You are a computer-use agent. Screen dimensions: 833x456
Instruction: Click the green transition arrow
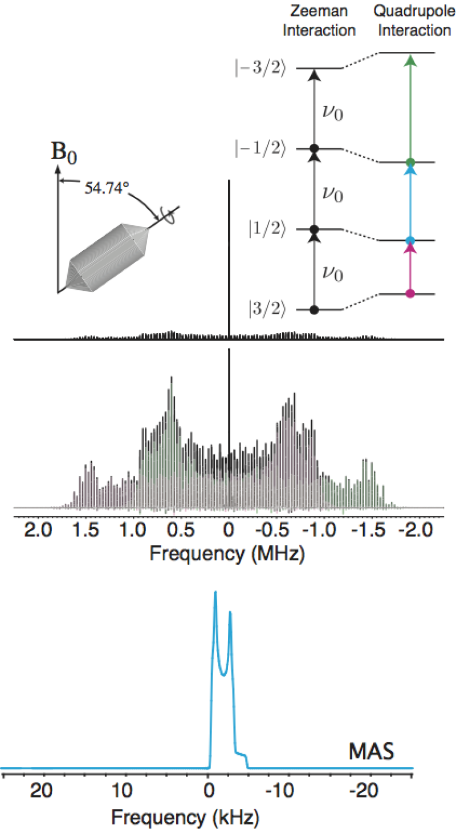[409, 108]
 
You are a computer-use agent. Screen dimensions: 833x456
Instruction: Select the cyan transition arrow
[409, 201]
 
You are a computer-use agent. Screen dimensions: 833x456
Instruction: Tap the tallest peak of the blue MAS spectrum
[215, 593]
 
